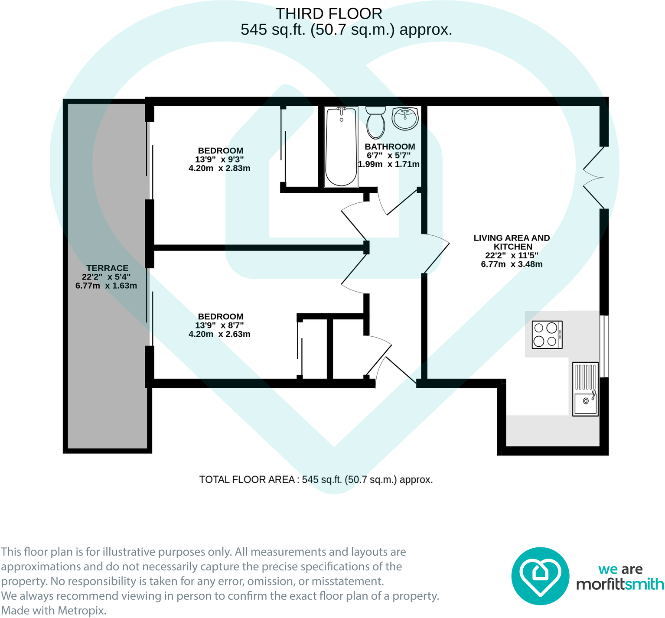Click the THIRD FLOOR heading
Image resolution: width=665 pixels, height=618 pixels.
point(329,14)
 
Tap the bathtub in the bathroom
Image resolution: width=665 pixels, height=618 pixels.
point(341,147)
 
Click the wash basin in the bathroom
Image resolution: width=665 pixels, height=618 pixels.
point(405,118)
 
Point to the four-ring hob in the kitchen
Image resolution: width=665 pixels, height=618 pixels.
point(547,335)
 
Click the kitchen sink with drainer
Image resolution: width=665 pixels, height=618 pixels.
point(585,389)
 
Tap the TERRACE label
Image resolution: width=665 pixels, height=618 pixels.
point(107,268)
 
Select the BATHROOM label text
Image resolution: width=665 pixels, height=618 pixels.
point(390,147)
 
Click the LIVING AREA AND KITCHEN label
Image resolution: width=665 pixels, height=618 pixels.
point(512,242)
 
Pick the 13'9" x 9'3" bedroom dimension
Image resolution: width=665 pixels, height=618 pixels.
point(219,159)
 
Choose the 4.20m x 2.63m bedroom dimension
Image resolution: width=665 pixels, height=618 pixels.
point(219,334)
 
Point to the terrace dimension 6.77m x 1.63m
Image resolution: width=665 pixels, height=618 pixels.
point(106,286)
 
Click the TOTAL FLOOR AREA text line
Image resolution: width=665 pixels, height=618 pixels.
point(316,480)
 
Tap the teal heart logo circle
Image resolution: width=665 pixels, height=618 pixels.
point(540,576)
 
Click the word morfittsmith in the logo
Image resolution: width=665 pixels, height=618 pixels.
point(620,584)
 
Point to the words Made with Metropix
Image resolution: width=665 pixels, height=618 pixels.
point(54,611)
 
